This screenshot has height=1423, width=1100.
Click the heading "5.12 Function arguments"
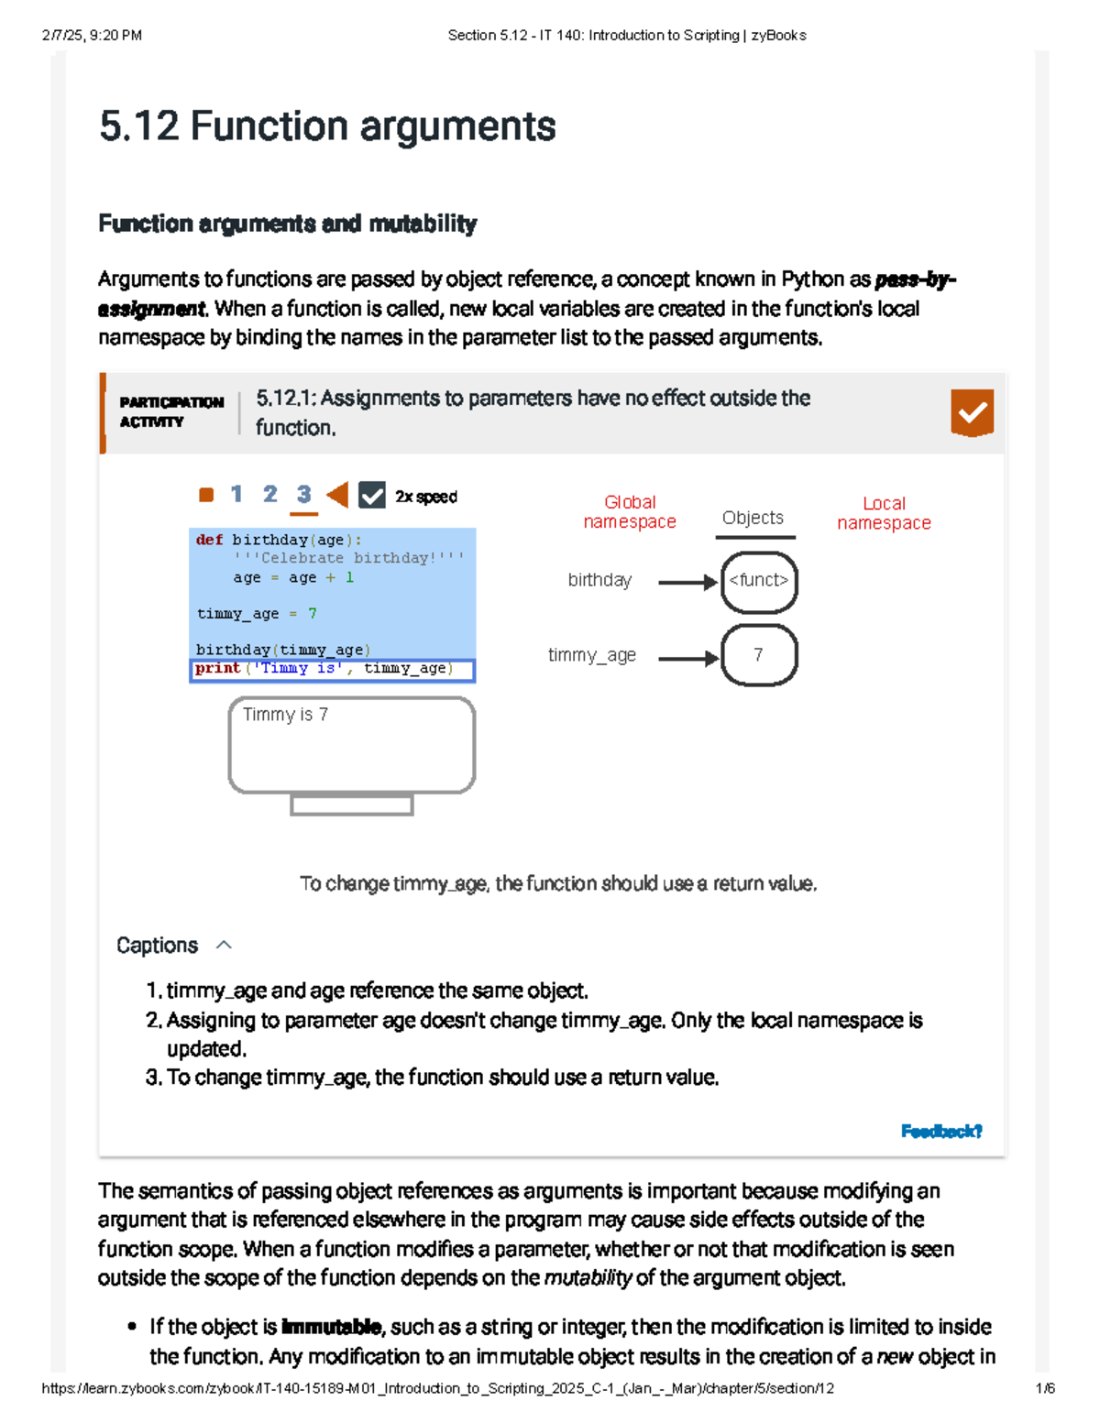point(327,126)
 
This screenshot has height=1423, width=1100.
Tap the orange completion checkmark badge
point(972,412)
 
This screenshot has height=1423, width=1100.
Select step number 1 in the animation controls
point(236,495)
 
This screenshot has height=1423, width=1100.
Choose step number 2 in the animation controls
point(269,495)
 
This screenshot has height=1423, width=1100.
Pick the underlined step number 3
point(303,495)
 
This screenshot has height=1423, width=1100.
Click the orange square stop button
point(206,495)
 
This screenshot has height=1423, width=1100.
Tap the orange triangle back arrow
point(337,495)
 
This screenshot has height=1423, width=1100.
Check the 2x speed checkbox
point(371,496)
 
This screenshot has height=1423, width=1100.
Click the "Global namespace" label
point(630,512)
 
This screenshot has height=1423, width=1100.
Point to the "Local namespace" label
point(884,513)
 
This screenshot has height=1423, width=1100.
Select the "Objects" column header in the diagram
point(753,518)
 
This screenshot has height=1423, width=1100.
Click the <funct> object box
point(759,581)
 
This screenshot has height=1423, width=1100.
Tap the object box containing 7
point(759,655)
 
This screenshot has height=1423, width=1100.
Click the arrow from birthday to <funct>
point(687,582)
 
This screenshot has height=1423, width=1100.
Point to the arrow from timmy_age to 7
point(687,658)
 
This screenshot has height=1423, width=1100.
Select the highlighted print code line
point(332,670)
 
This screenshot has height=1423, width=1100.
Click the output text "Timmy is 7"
point(285,715)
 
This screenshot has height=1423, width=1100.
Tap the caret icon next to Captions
point(224,945)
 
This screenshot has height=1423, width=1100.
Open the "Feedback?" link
point(940,1132)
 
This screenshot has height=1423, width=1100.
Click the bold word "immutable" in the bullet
point(331,1327)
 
